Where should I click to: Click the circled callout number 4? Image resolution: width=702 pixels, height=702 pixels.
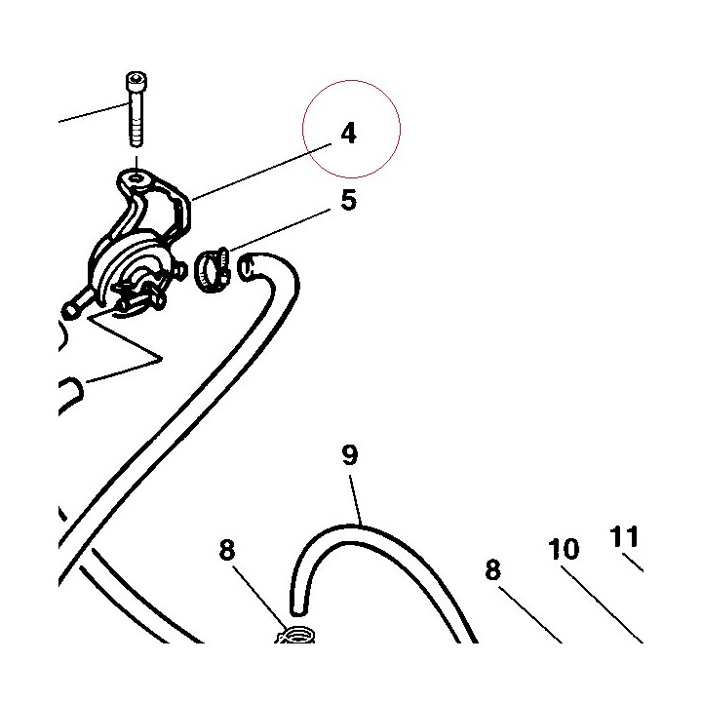(x=349, y=134)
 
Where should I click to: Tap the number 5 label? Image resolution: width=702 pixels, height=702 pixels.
(x=349, y=200)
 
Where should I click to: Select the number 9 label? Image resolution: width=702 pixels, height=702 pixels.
(x=350, y=455)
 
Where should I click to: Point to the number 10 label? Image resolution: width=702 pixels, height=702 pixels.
(x=564, y=549)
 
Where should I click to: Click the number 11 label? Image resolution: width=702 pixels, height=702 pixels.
(x=624, y=536)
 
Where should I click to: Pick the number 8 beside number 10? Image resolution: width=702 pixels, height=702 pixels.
(x=493, y=570)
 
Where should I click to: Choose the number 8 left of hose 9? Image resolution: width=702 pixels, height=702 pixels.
(x=227, y=550)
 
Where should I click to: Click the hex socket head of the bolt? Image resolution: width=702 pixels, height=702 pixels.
(x=136, y=81)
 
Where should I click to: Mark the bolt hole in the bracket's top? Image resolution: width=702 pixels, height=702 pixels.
(x=136, y=179)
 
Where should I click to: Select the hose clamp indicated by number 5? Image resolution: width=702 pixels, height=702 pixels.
(x=213, y=271)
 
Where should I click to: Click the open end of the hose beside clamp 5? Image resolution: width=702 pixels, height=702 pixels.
(x=247, y=268)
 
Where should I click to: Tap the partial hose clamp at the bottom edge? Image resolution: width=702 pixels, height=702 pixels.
(x=294, y=636)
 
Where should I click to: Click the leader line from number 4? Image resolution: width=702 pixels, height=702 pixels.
(x=261, y=172)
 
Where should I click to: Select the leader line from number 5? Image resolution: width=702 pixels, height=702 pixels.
(x=280, y=230)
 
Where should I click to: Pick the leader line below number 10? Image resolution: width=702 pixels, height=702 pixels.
(x=603, y=604)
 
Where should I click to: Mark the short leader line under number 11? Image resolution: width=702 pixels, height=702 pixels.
(x=634, y=563)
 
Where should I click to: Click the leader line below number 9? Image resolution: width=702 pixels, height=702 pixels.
(x=356, y=499)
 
